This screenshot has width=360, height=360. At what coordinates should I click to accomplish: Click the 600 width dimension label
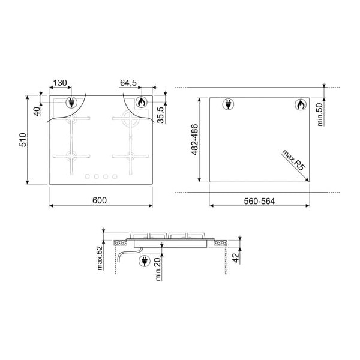(x=100, y=200)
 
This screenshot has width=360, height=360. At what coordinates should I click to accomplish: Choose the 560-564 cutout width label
(x=259, y=200)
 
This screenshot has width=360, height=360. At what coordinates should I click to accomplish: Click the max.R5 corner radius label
(x=292, y=162)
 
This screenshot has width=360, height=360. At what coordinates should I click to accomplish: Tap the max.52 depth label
(x=100, y=257)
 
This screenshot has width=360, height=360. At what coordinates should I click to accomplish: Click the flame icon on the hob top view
(x=140, y=102)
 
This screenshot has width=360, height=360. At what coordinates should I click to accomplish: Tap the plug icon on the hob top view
(x=71, y=102)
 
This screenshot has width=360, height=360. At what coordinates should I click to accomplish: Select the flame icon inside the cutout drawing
(x=299, y=105)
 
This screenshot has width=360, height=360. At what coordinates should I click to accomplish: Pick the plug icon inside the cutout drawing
(x=229, y=104)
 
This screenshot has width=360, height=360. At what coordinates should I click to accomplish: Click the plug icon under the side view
(x=145, y=260)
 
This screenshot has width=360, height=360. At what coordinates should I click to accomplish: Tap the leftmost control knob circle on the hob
(x=86, y=176)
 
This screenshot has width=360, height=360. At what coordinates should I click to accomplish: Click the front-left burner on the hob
(x=72, y=157)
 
